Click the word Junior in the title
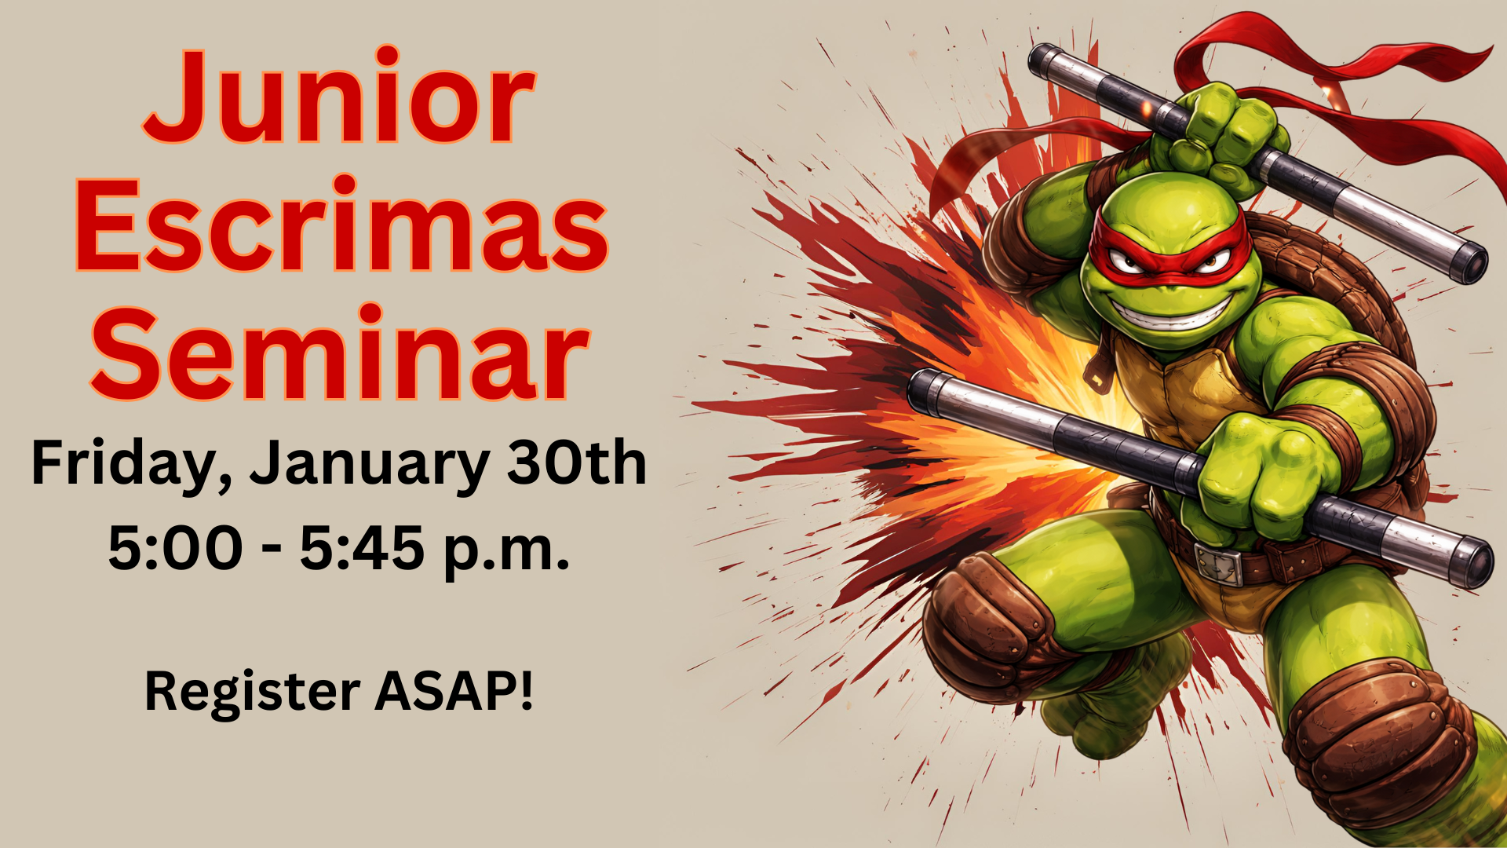pos(339,96)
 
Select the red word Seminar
pos(339,352)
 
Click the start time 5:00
pos(176,547)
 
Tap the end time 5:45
pos(363,547)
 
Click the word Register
pos(253,693)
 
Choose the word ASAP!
pos(454,690)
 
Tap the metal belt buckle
pos(1218,561)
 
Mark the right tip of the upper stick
pos(1469,264)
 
